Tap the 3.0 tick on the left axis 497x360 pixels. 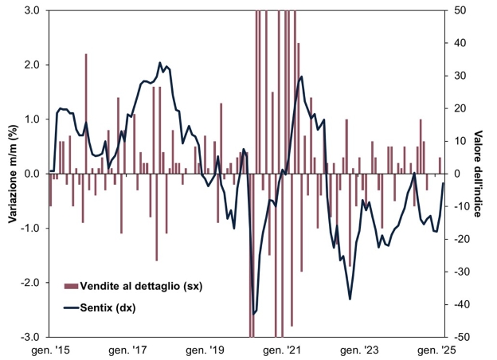tap(33, 10)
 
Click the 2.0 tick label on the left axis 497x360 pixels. tap(33, 65)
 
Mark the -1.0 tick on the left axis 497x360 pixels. tap(30, 228)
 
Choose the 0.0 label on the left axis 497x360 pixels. tap(33, 174)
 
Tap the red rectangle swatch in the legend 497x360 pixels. tap(71, 286)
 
